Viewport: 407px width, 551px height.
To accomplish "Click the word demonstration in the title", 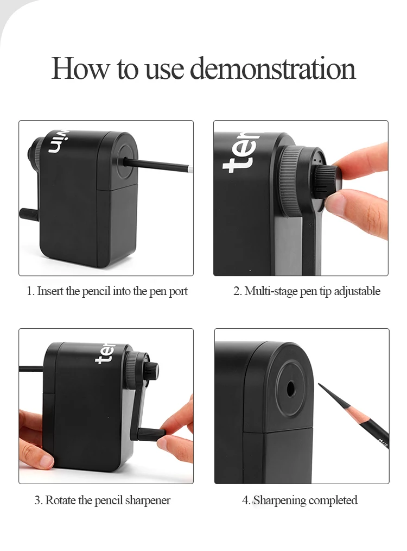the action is pyautogui.click(x=273, y=68).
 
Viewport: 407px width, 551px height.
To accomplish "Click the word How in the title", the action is pyautogui.click(x=80, y=68).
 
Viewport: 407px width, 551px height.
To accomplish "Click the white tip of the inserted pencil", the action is pyautogui.click(x=190, y=169).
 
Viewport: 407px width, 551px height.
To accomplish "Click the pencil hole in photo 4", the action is pyautogui.click(x=290, y=389).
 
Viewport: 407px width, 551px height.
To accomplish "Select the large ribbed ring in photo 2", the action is pyautogui.click(x=290, y=183).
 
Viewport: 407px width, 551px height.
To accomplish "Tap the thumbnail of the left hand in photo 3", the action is pyautogui.click(x=44, y=460).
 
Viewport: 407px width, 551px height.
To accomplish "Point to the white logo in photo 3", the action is pyautogui.click(x=105, y=353).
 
